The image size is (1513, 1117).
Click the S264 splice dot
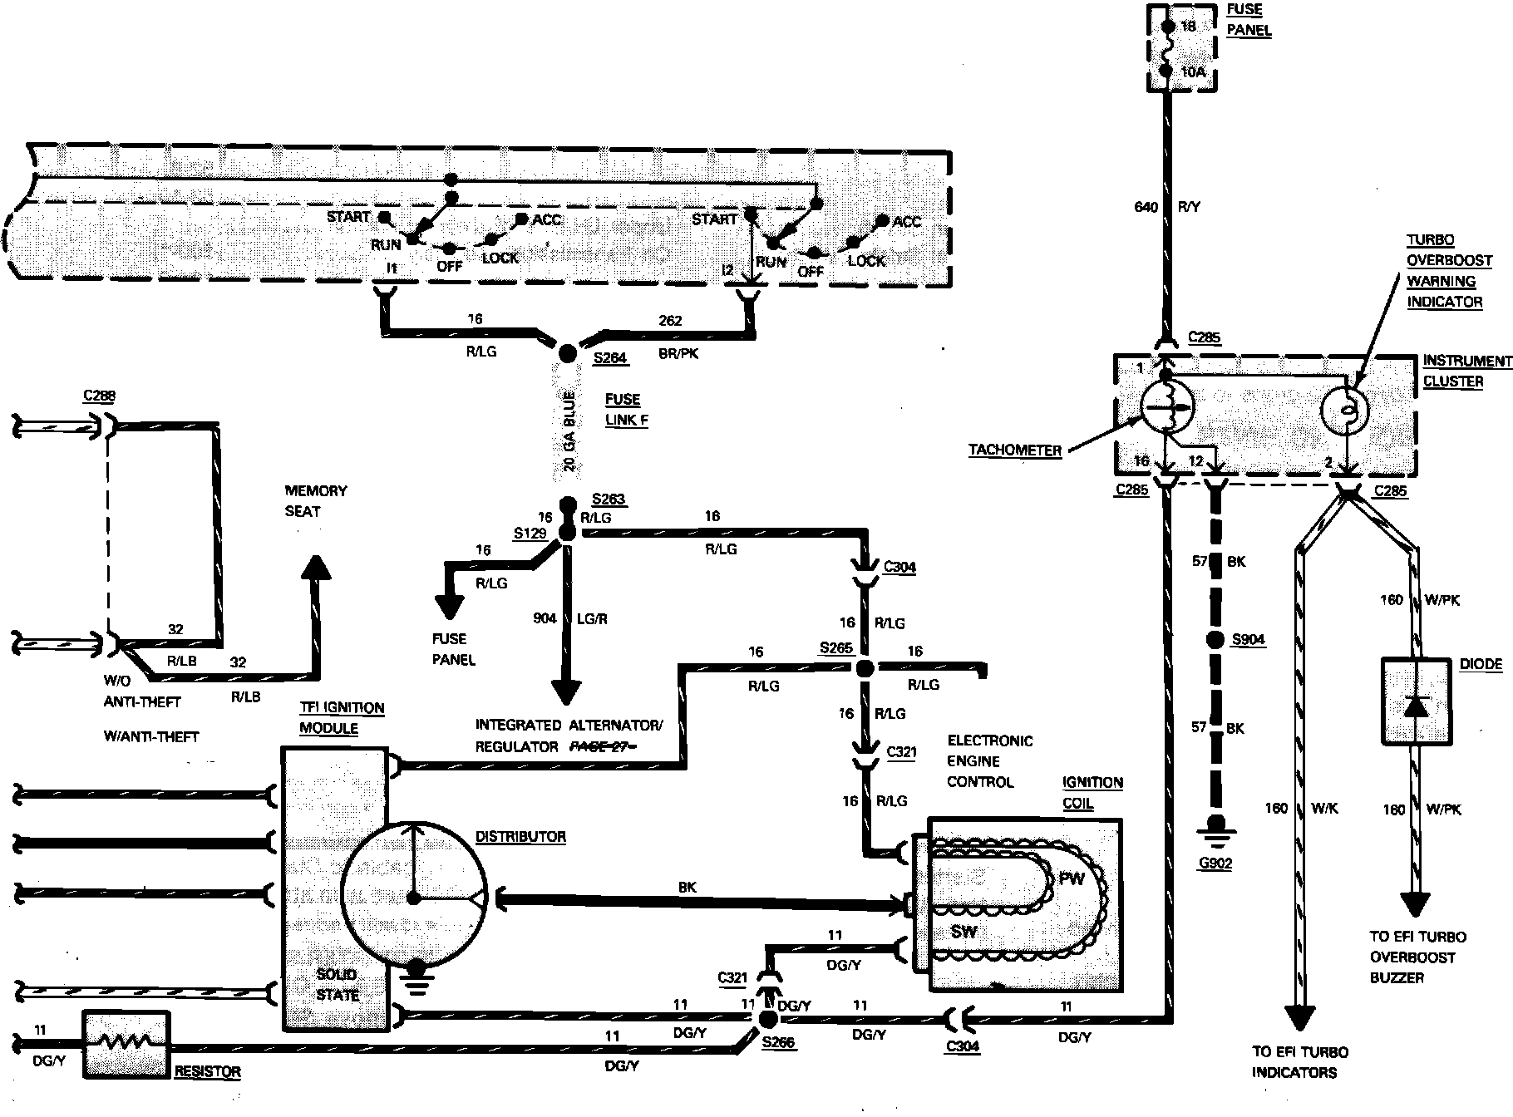(567, 353)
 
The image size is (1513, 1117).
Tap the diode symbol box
(1416, 701)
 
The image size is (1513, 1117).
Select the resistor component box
(126, 1045)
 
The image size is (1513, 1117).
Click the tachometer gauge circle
(1166, 408)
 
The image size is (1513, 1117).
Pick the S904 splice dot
(1216, 640)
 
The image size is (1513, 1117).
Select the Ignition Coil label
(1092, 793)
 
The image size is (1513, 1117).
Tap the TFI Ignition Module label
(341, 718)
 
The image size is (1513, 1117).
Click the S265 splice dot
(865, 667)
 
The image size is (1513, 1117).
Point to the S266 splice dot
(767, 1018)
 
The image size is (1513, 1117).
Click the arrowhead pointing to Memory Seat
(316, 566)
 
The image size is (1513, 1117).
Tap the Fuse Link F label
(627, 410)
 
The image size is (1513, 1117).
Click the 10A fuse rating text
(1192, 72)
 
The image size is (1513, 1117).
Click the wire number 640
(1146, 207)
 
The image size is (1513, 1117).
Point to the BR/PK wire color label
(678, 353)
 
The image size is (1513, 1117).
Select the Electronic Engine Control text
(989, 761)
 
